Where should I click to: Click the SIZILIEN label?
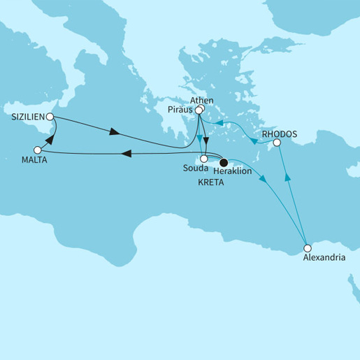click(x=25, y=117)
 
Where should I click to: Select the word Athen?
click(x=201, y=101)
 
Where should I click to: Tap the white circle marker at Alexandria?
click(x=307, y=247)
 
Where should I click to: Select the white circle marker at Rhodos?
click(x=277, y=143)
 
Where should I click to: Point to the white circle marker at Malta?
click(x=38, y=150)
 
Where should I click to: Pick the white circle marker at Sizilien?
click(x=50, y=117)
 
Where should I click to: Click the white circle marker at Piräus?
click(x=199, y=110)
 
